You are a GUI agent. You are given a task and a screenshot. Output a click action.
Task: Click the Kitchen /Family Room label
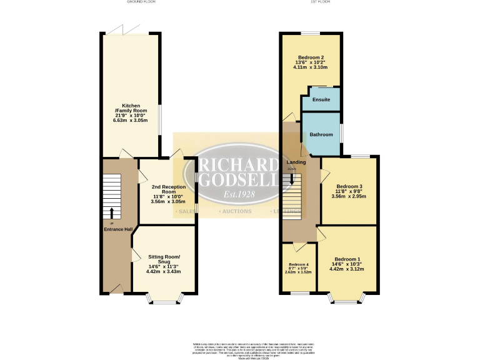coord(131,108)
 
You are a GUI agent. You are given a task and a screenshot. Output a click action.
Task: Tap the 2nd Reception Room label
coord(169,189)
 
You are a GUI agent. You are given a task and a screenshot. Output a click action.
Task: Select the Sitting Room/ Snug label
coord(164,259)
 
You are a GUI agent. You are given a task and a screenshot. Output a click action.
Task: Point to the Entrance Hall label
coord(117,229)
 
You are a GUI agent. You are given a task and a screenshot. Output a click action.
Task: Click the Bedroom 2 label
coord(310,57)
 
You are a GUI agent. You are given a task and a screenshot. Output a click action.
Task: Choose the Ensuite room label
coord(321,99)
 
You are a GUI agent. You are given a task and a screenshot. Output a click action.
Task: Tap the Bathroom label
coord(321,133)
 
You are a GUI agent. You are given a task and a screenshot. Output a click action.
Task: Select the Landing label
coord(296,162)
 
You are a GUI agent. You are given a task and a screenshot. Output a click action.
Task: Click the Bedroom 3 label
coord(349,186)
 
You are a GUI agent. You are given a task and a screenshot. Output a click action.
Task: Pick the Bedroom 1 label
coord(347,259)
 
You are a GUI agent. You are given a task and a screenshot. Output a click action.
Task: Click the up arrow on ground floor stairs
coord(112,212)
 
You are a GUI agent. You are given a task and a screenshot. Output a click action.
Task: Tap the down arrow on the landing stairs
coord(291,179)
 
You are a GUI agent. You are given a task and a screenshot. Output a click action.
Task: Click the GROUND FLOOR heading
coord(141,2)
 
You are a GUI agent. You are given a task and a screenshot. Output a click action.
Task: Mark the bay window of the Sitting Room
coord(166,299)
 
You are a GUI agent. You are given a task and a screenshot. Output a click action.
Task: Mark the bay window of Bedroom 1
coord(347,299)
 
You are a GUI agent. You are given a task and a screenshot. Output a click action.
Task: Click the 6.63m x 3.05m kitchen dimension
coord(131,119)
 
